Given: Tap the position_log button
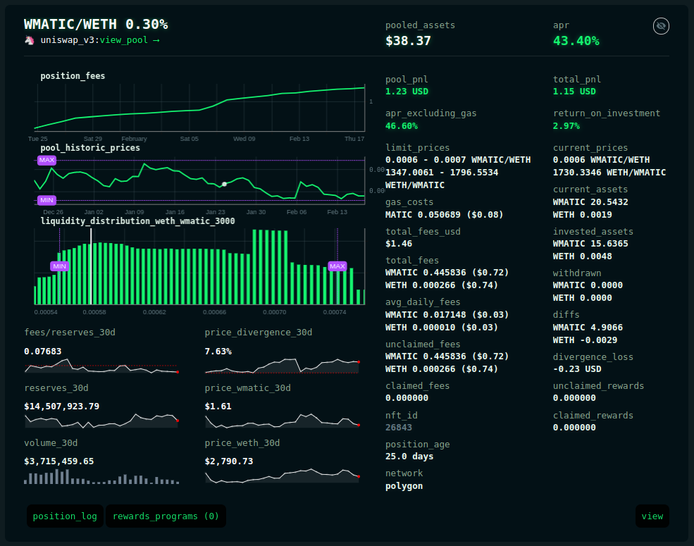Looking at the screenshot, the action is (x=65, y=516).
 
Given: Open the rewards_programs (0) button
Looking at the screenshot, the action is (x=166, y=516).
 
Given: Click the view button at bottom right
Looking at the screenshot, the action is (x=652, y=516).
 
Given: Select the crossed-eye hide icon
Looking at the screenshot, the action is (x=661, y=26).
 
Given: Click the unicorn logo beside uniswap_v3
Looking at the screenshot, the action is (x=30, y=40).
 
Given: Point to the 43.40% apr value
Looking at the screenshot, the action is (x=576, y=41).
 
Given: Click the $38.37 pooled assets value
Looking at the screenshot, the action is (x=408, y=41).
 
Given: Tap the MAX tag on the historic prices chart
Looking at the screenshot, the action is (x=47, y=160).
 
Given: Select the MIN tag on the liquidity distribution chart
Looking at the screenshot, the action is (x=59, y=266).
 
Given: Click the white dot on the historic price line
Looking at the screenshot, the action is (x=224, y=184).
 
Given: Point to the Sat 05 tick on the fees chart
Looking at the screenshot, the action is (x=189, y=139).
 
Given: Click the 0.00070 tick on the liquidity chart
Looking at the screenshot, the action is (x=274, y=312).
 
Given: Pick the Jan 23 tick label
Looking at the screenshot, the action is (x=215, y=212).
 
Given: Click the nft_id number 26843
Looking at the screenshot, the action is (x=398, y=428).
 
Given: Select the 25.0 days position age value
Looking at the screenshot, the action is (x=409, y=457).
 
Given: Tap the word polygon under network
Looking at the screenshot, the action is (x=404, y=486).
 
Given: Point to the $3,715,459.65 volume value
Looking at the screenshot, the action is (x=59, y=461).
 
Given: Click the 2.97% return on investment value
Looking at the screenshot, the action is (x=566, y=126).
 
